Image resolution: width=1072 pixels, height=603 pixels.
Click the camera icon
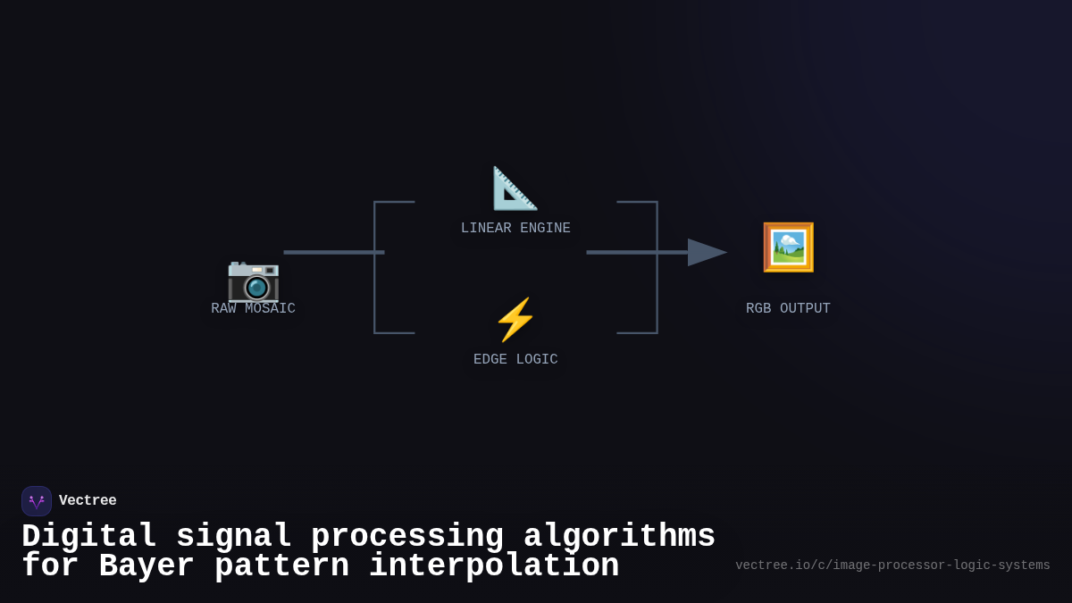(x=254, y=279)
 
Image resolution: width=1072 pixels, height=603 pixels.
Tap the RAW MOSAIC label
(x=253, y=309)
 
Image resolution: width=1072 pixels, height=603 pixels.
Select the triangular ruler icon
(x=515, y=188)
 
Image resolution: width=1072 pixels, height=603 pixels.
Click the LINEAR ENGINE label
(x=515, y=229)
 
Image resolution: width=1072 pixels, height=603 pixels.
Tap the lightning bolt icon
(x=515, y=320)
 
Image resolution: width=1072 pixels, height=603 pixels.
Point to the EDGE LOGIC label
(x=515, y=360)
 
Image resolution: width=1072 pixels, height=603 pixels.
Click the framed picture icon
(x=788, y=247)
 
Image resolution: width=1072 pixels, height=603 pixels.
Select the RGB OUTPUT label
(x=788, y=309)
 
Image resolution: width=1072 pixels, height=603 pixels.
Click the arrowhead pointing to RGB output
(x=706, y=253)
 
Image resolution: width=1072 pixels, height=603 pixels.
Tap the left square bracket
(x=375, y=268)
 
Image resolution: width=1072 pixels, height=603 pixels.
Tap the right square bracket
(x=657, y=268)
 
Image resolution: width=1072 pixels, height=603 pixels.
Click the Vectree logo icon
(x=37, y=501)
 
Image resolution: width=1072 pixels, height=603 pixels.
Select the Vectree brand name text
(x=88, y=501)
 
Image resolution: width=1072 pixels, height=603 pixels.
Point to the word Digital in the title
(x=88, y=537)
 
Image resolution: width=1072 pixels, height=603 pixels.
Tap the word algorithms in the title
(x=619, y=537)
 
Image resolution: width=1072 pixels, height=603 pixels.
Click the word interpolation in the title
(x=493, y=566)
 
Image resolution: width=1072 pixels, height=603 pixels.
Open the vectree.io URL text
(x=892, y=565)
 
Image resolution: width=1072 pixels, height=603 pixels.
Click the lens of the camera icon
(x=257, y=287)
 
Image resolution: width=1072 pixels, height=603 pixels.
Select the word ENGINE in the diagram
(x=545, y=229)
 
